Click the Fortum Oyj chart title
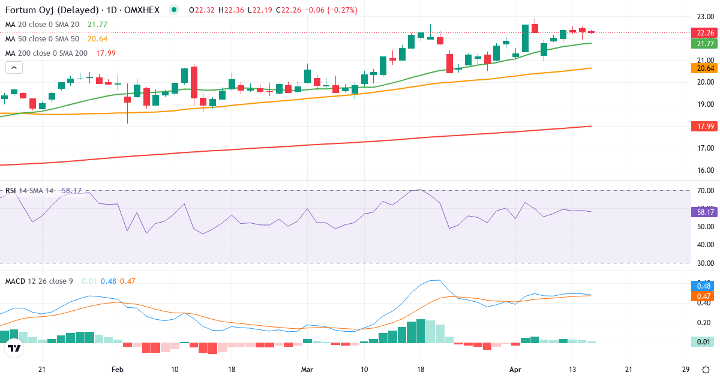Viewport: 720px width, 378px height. pyautogui.click(x=84, y=10)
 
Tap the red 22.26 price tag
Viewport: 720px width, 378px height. pyautogui.click(x=703, y=32)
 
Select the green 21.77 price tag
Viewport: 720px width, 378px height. pyautogui.click(x=703, y=43)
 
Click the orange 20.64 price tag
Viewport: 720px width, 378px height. pyautogui.click(x=703, y=68)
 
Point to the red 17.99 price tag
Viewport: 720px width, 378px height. pyautogui.click(x=703, y=126)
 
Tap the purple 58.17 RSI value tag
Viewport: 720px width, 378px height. pyautogui.click(x=703, y=211)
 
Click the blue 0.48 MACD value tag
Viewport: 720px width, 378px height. pyautogui.click(x=703, y=286)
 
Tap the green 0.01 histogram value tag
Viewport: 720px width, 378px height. pyautogui.click(x=703, y=341)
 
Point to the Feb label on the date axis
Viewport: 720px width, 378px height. pyautogui.click(x=117, y=369)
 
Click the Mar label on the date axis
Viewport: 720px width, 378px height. pyautogui.click(x=307, y=369)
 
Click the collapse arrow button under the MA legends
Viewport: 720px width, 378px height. pyautogui.click(x=14, y=67)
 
